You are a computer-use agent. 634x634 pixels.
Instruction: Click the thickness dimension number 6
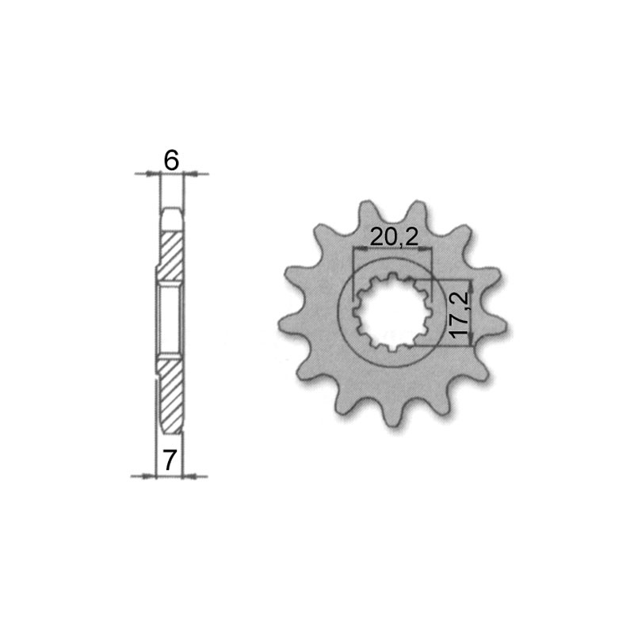click(x=170, y=160)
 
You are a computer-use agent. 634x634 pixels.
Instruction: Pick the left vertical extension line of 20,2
click(x=352, y=269)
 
